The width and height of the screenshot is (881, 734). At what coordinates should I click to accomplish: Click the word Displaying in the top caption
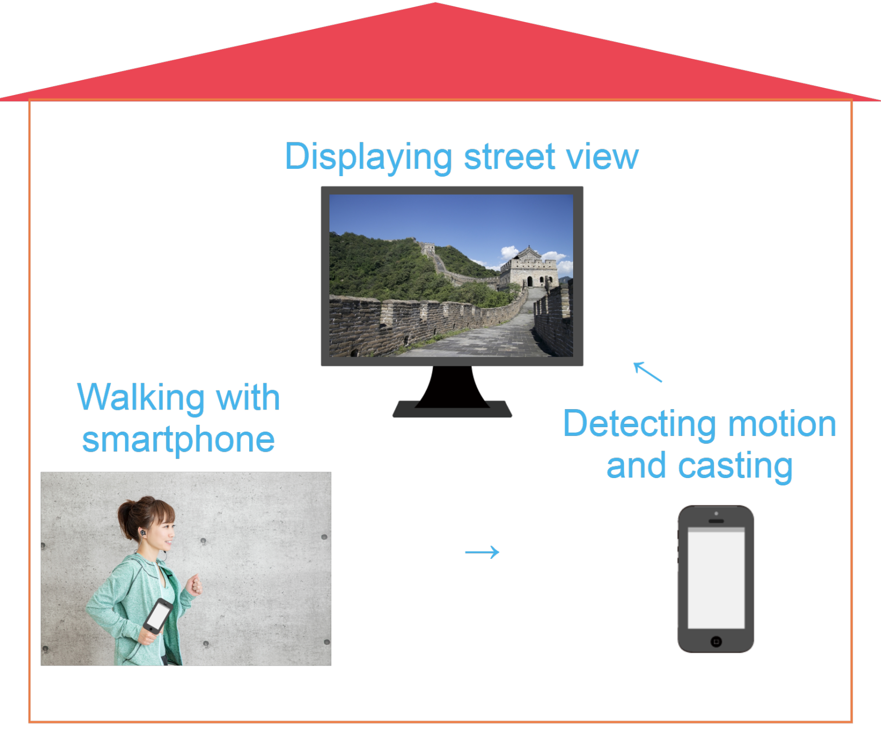click(x=368, y=158)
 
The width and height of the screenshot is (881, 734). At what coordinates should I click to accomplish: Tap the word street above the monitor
click(x=510, y=158)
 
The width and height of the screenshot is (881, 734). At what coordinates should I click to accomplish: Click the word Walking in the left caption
click(x=140, y=397)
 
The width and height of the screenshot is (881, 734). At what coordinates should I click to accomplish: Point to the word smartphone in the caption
click(x=178, y=439)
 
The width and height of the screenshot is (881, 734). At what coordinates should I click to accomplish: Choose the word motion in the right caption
click(x=782, y=424)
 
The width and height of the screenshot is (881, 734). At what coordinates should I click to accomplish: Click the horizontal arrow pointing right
click(x=482, y=552)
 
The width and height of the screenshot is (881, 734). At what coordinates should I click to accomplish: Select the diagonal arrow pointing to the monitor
click(x=648, y=372)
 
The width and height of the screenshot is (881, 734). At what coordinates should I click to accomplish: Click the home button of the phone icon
click(x=716, y=641)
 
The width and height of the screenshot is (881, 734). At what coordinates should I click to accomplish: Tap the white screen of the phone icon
click(x=716, y=580)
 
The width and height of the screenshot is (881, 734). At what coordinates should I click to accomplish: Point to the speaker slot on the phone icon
click(x=716, y=521)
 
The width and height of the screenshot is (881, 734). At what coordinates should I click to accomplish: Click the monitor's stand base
click(x=452, y=410)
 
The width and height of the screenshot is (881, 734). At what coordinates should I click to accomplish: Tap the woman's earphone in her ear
click(x=142, y=532)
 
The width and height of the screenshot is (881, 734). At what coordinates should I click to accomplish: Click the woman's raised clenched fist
click(x=195, y=584)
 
